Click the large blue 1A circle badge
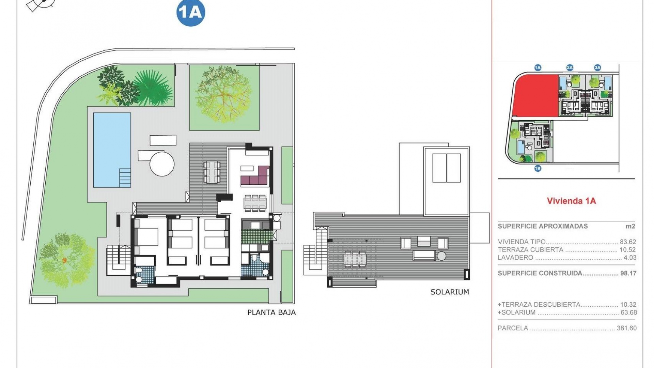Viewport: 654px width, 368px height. click(191, 13)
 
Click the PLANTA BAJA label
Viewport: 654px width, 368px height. click(271, 312)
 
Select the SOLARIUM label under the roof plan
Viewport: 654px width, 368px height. click(450, 292)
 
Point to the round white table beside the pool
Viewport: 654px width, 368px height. click(162, 164)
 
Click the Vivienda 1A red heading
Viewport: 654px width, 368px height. click(571, 201)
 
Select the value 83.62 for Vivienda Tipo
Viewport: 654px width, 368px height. click(628, 242)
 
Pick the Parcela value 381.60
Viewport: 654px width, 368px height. click(626, 328)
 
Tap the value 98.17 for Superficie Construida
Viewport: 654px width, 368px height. click(628, 273)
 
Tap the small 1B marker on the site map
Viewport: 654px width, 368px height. click(538, 168)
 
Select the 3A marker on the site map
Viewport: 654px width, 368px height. click(597, 67)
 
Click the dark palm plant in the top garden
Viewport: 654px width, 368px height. click(152, 87)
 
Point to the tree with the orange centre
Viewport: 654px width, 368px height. click(65, 260)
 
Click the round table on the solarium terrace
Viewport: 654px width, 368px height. click(441, 256)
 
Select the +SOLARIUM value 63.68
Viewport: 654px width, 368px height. click(628, 312)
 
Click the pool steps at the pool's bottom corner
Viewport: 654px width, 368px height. click(125, 178)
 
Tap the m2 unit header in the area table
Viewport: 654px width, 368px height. click(630, 226)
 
